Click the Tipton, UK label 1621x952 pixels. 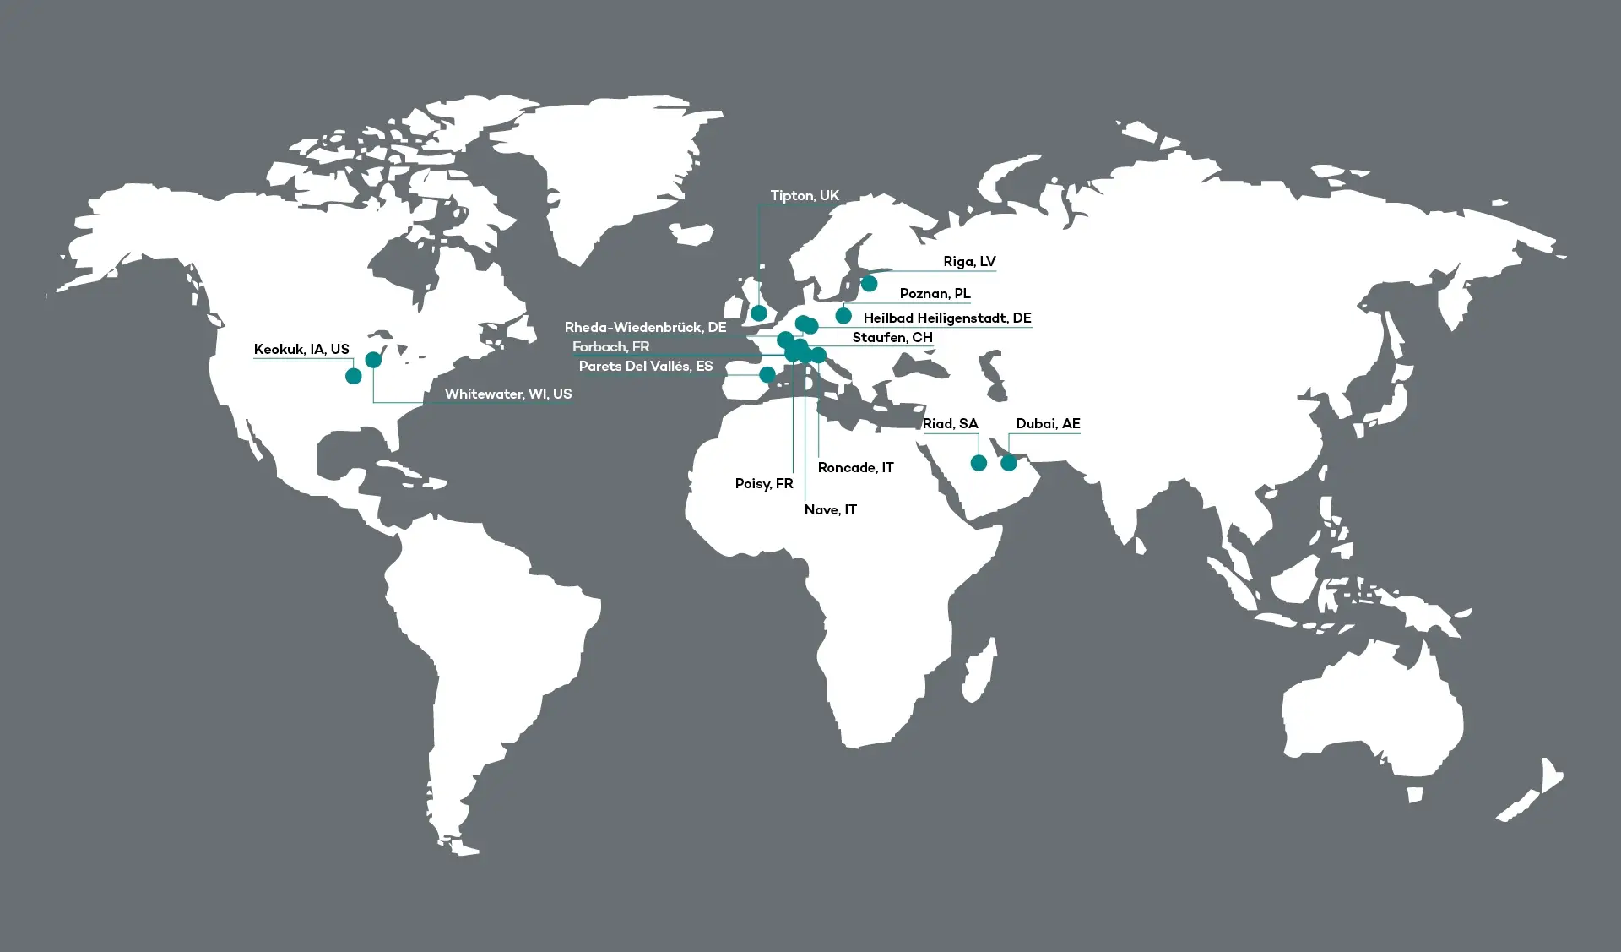tap(805, 196)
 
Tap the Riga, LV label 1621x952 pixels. tap(969, 262)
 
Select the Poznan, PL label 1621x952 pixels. tap(935, 294)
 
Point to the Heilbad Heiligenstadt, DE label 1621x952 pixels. tap(946, 318)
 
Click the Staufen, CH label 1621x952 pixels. tap(892, 338)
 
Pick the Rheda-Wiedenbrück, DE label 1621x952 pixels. tap(645, 328)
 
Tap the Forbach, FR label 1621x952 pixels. tap(610, 347)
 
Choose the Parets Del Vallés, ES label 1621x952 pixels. tap(646, 367)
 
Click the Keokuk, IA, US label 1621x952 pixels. tap(301, 350)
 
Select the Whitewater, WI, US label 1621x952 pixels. tap(508, 394)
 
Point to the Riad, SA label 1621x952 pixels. tap(950, 424)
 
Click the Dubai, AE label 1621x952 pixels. tap(1048, 424)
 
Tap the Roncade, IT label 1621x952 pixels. tap(855, 468)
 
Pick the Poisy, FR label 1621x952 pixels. tap(764, 484)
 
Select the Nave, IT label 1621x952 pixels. tap(831, 510)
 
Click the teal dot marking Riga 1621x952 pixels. tap(869, 284)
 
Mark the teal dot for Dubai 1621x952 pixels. tap(1009, 463)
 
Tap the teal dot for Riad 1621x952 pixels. tap(979, 463)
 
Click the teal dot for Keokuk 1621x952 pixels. tap(354, 376)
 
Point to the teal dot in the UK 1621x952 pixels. tap(759, 313)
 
